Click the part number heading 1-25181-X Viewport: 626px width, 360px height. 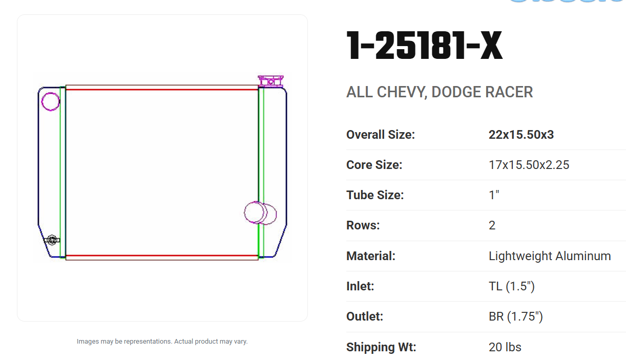click(x=424, y=47)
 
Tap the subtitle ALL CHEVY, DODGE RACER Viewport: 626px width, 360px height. click(x=440, y=92)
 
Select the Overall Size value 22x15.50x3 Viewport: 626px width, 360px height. click(x=521, y=135)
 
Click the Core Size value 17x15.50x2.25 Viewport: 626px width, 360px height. click(x=529, y=165)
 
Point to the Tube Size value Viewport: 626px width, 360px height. click(x=494, y=195)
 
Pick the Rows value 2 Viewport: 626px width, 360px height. click(x=492, y=225)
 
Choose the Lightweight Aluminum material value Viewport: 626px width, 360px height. click(x=550, y=256)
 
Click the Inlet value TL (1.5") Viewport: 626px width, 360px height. click(x=511, y=286)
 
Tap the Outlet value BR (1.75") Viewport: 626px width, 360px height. click(x=515, y=316)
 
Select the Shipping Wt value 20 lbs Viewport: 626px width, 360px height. click(x=505, y=347)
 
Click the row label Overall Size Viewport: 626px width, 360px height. click(x=381, y=135)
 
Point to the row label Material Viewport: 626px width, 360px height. click(x=371, y=256)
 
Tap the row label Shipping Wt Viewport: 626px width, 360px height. click(x=381, y=347)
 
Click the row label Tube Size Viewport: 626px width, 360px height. click(x=375, y=195)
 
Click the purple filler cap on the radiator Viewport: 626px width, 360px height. click(x=270, y=81)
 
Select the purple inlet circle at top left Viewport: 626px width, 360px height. click(x=51, y=101)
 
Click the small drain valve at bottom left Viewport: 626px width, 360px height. click(x=52, y=240)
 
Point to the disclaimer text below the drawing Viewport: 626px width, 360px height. click(x=162, y=341)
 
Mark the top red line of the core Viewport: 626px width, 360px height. click(x=161, y=90)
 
